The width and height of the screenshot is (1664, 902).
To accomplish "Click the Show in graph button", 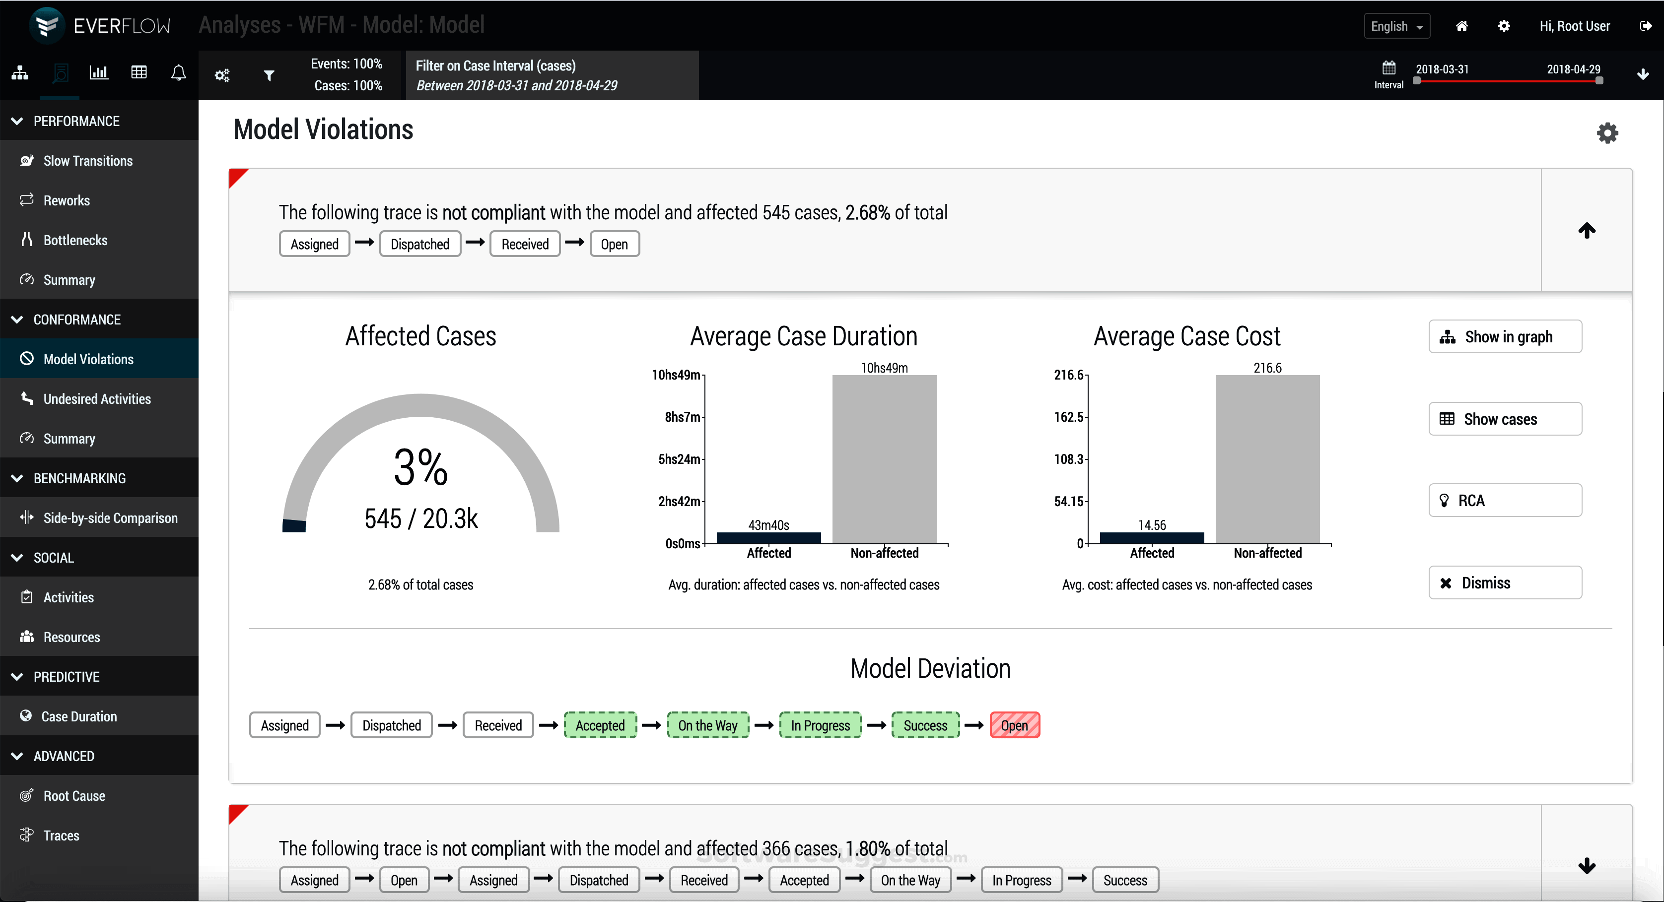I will point(1505,336).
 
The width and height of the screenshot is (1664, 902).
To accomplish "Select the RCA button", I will point(1505,501).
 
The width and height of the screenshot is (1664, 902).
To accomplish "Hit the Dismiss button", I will point(1505,582).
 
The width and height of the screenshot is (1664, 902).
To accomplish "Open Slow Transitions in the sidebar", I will point(88,161).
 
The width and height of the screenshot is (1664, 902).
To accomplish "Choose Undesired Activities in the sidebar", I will point(97,399).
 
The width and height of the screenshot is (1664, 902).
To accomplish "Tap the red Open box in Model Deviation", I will point(1014,725).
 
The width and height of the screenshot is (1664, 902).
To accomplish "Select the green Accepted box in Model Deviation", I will point(600,725).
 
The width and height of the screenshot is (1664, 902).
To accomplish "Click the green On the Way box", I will point(707,725).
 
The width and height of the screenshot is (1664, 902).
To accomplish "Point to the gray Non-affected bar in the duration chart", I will point(884,459).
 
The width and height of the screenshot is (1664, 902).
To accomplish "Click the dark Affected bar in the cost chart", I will point(1152,538).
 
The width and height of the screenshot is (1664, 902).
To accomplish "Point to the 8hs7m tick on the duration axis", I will point(682,417).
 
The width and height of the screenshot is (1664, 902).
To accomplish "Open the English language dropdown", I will point(1396,26).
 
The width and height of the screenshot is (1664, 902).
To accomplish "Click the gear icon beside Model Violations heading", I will point(1607,133).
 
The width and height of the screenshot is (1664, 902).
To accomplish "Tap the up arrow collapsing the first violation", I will point(1587,230).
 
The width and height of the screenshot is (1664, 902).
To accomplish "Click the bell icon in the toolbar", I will point(178,73).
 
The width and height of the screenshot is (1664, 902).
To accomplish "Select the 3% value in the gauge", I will point(420,467).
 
